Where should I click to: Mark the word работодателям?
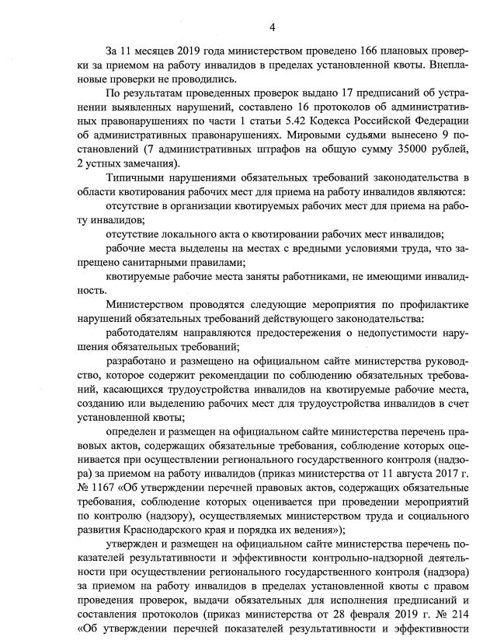click(149, 332)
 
